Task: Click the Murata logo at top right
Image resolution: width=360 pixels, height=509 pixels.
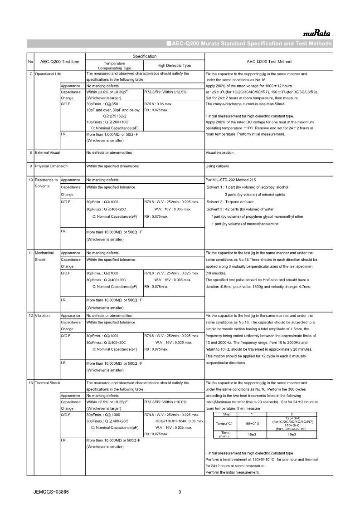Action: tap(317, 33)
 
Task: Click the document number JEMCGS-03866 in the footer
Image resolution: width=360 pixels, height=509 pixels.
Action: tap(51, 492)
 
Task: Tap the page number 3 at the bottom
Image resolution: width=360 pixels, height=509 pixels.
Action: tap(180, 492)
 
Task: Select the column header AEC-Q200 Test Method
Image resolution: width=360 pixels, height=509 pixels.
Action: tap(269, 62)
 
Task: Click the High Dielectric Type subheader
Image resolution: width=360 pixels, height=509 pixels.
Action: tap(174, 65)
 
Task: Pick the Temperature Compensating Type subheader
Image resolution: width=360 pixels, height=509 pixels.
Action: tap(114, 65)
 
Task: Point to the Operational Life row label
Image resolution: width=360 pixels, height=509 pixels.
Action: tap(49, 73)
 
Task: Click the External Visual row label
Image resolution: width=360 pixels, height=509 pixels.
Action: tap(48, 152)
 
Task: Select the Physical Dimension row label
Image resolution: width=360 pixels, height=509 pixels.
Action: tap(51, 166)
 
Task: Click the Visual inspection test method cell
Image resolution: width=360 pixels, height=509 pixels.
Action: tap(220, 152)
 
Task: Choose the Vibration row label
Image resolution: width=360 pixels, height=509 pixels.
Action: tap(43, 315)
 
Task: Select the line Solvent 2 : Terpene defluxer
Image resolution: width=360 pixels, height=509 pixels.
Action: tap(230, 202)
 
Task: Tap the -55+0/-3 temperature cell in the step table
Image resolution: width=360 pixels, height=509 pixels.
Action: tap(252, 423)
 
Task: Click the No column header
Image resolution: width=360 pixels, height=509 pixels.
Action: tap(30, 62)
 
